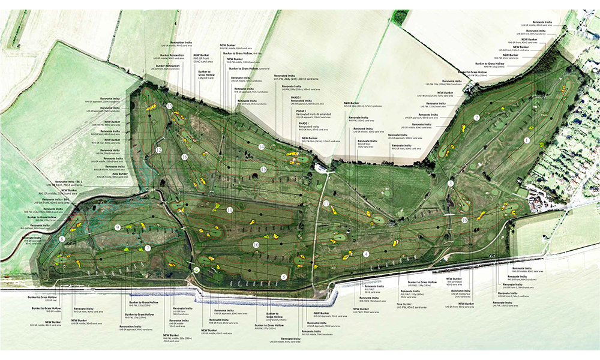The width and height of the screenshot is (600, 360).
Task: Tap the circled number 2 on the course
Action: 476,118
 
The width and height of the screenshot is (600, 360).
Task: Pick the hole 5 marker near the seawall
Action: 284,277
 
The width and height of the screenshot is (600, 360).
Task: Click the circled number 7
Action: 148,248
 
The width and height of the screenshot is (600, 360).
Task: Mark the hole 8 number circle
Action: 62,239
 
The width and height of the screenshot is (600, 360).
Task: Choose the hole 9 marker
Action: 118,227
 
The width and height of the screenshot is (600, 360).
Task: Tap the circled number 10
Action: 256,245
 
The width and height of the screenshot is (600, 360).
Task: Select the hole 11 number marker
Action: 230,209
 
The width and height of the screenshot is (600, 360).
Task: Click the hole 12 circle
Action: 158,149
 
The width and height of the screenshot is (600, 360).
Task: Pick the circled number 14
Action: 262,146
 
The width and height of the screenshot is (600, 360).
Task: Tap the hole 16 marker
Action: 185,157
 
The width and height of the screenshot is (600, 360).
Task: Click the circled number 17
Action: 326,204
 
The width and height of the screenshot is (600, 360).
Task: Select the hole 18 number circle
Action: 465,220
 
